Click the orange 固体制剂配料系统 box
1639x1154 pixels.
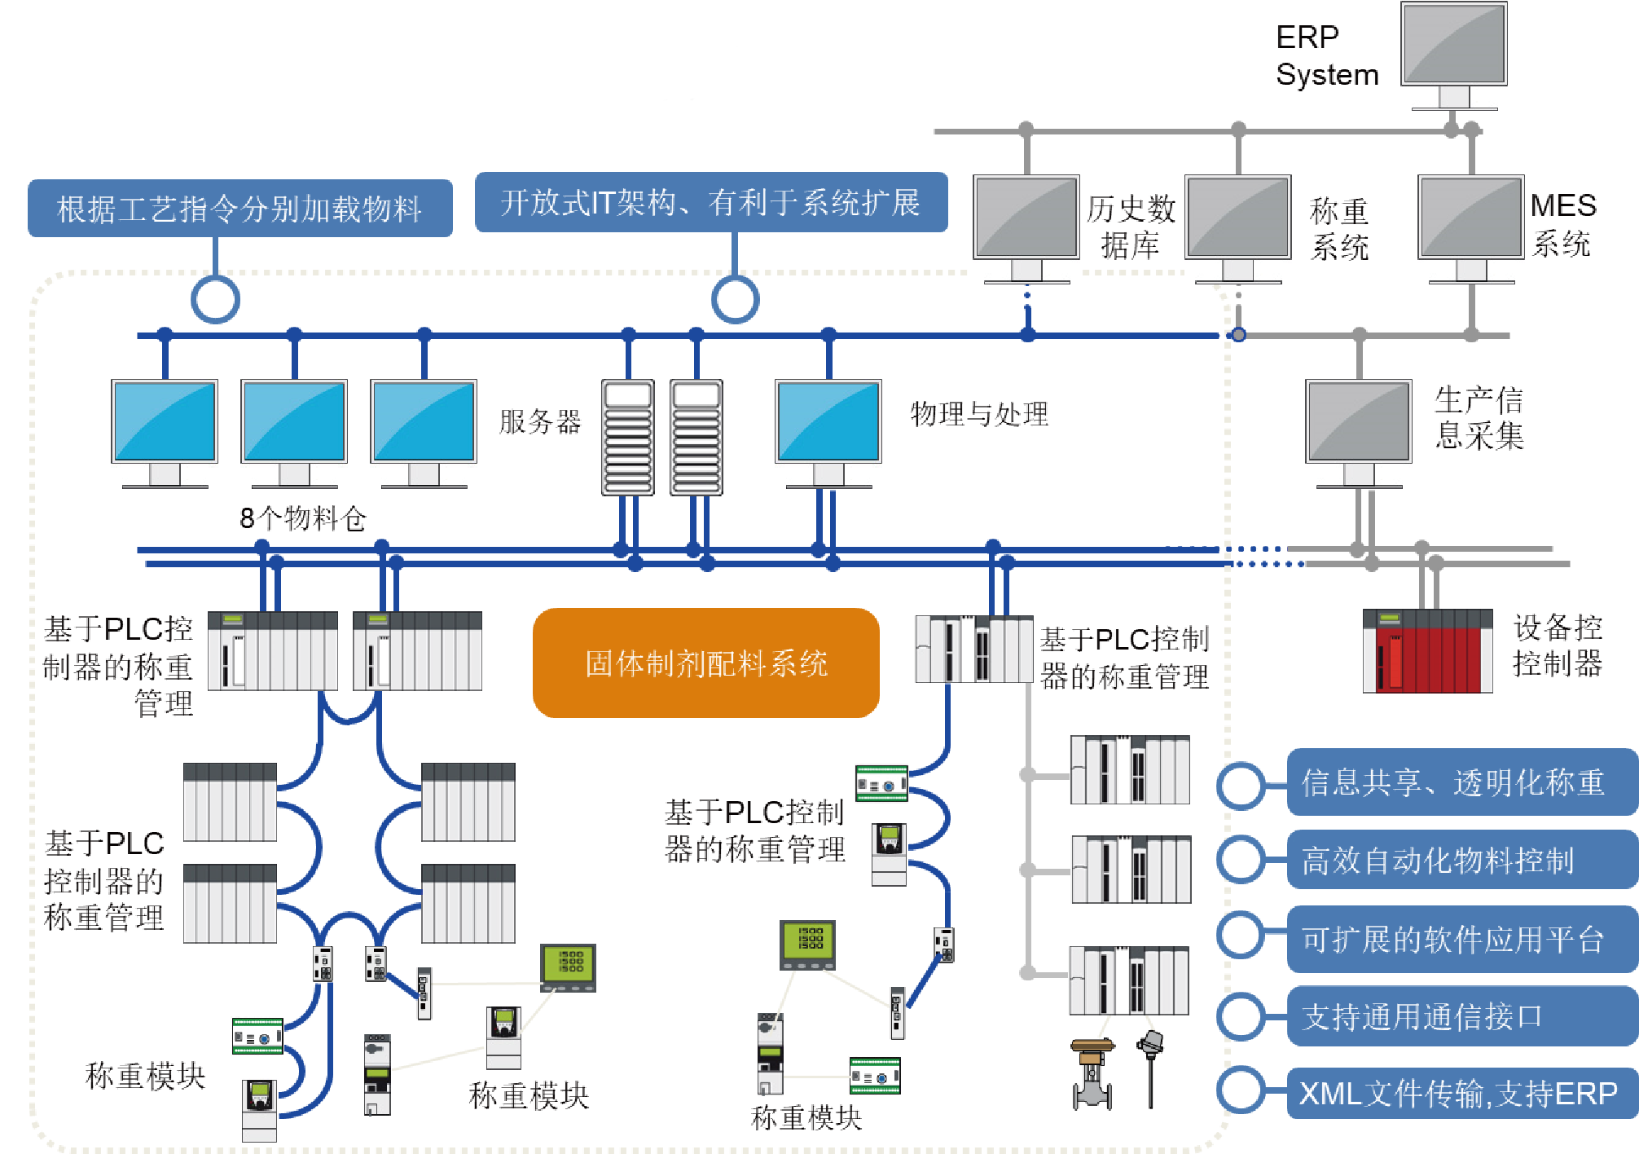tap(705, 663)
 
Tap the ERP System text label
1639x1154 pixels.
tap(1326, 55)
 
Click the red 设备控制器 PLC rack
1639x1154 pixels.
tap(1427, 650)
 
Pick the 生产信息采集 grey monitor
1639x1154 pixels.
tap(1358, 424)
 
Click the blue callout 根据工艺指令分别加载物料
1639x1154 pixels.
tap(239, 209)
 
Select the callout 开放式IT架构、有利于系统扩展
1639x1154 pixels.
tap(710, 202)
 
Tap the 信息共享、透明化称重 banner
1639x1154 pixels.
tap(1461, 782)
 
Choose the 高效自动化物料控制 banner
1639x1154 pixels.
tap(1461, 860)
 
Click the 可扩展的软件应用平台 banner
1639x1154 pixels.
tap(1461, 939)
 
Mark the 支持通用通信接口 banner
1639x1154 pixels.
tap(1461, 1016)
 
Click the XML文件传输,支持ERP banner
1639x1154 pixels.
tap(1461, 1093)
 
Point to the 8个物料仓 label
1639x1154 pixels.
tap(302, 518)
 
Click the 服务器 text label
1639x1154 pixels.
tap(540, 421)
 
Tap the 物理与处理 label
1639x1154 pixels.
tap(979, 414)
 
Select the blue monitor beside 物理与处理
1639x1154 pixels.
tap(828, 424)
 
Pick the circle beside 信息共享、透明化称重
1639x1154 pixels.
tap(1241, 786)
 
